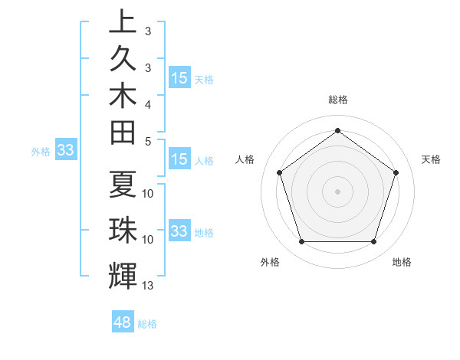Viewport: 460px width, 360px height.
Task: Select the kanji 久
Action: tap(123, 61)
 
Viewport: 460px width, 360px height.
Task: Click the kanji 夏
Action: tap(123, 185)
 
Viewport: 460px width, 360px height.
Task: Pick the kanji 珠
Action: tap(123, 230)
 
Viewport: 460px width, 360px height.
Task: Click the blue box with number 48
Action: tap(123, 322)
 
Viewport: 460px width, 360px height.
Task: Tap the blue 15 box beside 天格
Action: tap(179, 78)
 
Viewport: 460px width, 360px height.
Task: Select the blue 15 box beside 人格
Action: tap(179, 160)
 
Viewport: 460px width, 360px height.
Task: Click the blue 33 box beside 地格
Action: tap(179, 231)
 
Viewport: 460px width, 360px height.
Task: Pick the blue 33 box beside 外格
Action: tap(65, 150)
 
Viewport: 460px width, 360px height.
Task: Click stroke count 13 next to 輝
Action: tap(148, 286)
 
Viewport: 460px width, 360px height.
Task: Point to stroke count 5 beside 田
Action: tap(148, 140)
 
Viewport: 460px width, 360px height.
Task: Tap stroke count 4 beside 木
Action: tap(148, 103)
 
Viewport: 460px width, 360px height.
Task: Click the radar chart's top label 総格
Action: tap(337, 100)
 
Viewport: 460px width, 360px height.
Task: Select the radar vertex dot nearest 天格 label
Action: tap(396, 172)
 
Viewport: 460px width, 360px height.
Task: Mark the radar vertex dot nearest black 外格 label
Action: tap(301, 242)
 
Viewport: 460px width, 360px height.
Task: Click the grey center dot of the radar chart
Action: tap(337, 191)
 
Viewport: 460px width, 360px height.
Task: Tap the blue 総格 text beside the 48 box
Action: tap(147, 324)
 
